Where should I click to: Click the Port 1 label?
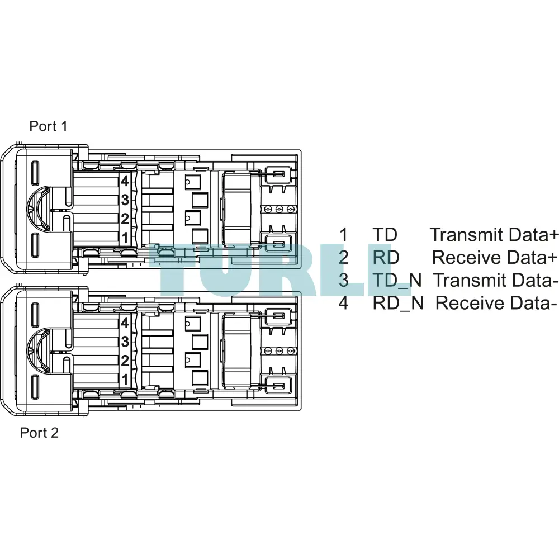[x=48, y=126]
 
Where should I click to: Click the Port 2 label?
[x=39, y=433]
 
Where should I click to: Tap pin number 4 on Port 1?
[x=125, y=181]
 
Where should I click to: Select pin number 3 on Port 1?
[x=125, y=200]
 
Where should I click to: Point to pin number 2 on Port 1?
[x=125, y=219]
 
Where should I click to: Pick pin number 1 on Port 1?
[x=125, y=238]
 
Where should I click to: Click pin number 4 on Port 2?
[x=125, y=323]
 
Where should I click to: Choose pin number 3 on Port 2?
[x=125, y=342]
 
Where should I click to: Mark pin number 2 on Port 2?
[x=125, y=361]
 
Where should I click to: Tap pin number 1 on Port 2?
[x=125, y=380]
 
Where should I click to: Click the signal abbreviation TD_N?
[x=397, y=280]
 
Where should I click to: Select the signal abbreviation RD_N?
[x=398, y=303]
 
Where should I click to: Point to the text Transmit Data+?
[x=494, y=235]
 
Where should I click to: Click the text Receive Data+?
[x=495, y=257]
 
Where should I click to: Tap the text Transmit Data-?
[x=496, y=280]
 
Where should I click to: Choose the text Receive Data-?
[x=496, y=303]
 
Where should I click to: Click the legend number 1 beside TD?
[x=343, y=235]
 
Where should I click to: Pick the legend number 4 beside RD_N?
[x=343, y=303]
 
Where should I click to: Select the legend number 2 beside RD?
[x=343, y=257]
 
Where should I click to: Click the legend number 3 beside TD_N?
[x=343, y=280]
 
